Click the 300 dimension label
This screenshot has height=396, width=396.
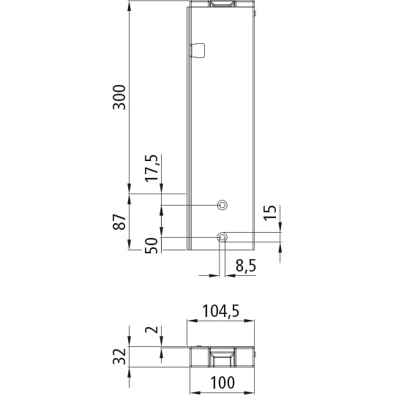[x=119, y=97]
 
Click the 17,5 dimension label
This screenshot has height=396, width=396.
[x=151, y=169]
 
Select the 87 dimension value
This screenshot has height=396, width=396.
[x=119, y=221]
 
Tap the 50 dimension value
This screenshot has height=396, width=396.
[x=152, y=245]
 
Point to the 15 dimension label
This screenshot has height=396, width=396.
[x=270, y=214]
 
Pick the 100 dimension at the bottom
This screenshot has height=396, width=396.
[x=220, y=382]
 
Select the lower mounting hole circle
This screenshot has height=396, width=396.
[x=222, y=237]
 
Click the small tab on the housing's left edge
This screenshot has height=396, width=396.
[x=197, y=49]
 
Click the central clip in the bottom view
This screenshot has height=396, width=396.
[x=222, y=359]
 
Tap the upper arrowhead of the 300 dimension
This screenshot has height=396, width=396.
[x=130, y=6]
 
